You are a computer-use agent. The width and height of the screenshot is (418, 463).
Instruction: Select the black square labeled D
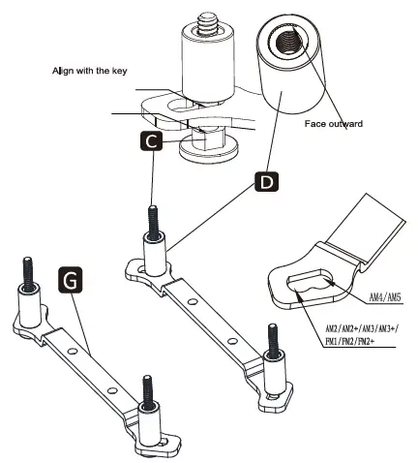coord(265,181)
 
